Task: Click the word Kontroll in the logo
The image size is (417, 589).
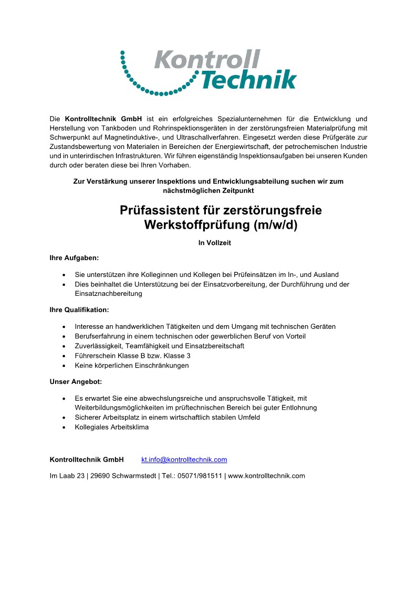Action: tap(207, 59)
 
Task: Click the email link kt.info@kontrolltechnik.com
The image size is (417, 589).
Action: tap(184, 459)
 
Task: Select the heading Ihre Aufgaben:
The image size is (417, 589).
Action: tap(74, 258)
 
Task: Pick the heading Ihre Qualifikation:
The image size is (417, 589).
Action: tap(79, 310)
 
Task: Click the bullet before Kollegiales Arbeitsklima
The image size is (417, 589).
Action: tap(64, 427)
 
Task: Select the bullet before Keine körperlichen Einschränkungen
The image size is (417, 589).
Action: tap(64, 365)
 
